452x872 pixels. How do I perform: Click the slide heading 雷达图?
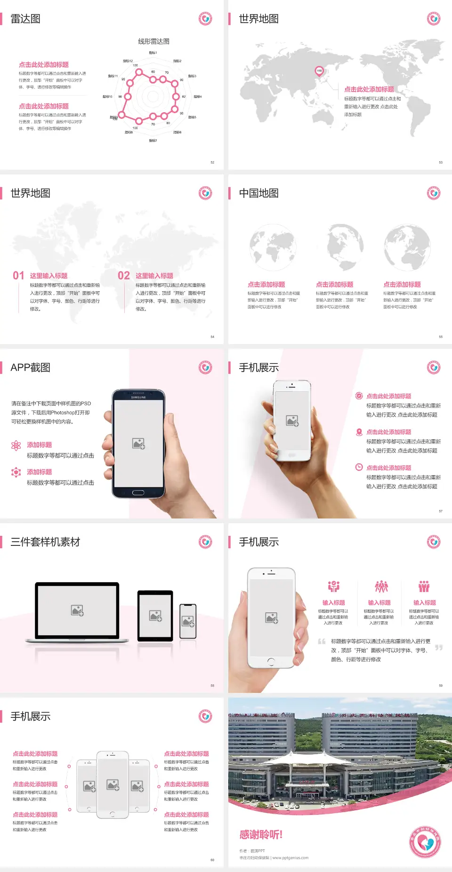tap(25, 19)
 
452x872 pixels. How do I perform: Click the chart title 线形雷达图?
tap(153, 41)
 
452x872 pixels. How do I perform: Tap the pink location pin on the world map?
tap(319, 71)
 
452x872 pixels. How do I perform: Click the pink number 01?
tap(18, 276)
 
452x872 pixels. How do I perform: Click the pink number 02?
tap(124, 276)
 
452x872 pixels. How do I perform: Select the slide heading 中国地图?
tap(258, 193)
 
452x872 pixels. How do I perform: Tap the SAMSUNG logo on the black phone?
tap(138, 397)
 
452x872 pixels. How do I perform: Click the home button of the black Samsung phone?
tap(138, 493)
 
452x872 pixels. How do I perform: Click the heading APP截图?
tap(30, 368)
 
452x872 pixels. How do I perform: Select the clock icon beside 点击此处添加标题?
tap(359, 467)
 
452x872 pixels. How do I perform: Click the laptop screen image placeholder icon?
tap(77, 610)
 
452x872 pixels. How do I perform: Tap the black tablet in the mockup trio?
tap(155, 615)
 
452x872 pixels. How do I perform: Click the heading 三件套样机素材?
tap(45, 542)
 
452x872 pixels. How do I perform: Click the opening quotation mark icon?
tap(322, 642)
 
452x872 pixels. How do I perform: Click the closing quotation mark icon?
tap(438, 648)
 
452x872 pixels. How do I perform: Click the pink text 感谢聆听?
tap(261, 835)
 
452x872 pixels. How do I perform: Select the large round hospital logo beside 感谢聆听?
tap(425, 842)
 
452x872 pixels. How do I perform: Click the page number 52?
tap(212, 162)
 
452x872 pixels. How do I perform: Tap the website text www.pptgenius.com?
tap(290, 858)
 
